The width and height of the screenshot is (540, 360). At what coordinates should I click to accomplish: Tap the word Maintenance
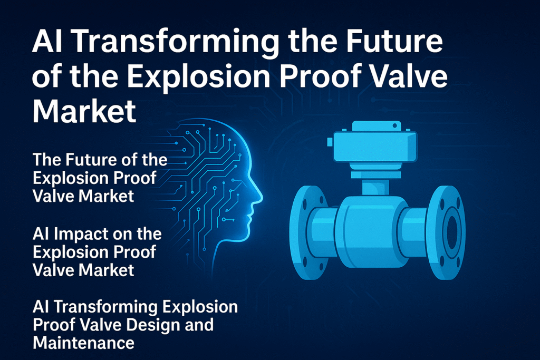[x=83, y=343]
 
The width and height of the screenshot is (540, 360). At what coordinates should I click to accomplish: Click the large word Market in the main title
[x=84, y=112]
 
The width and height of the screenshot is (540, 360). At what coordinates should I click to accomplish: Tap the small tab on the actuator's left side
[x=329, y=141]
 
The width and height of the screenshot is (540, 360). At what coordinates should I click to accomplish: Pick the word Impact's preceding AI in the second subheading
[x=42, y=233]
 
